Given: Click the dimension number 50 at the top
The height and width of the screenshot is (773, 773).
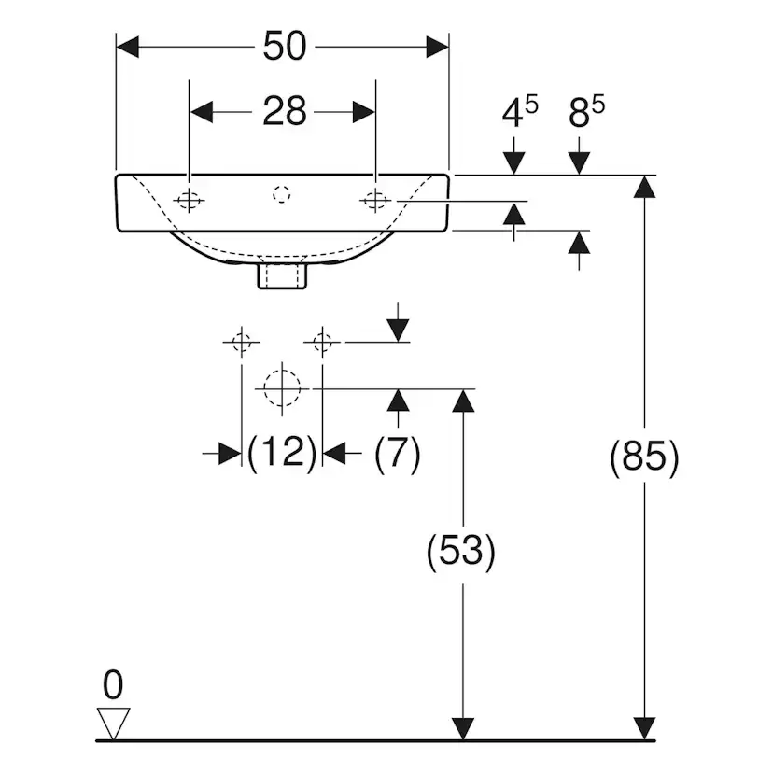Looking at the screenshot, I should click(285, 47).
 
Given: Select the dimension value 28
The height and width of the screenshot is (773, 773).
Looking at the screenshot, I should click(284, 113).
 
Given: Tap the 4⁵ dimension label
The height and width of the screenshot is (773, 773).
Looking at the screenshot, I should click(519, 112).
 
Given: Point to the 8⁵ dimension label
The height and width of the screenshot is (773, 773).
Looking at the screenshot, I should click(585, 112).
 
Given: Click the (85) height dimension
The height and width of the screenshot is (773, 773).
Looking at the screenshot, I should click(643, 458).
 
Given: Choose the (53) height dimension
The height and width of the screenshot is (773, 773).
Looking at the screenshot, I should click(460, 552).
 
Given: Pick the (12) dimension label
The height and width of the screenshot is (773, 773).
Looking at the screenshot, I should click(282, 454).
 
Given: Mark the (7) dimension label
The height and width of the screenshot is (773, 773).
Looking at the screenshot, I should click(397, 454).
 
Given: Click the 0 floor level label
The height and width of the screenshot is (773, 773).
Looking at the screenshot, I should click(113, 686).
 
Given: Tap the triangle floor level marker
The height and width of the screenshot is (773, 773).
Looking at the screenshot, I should click(114, 724).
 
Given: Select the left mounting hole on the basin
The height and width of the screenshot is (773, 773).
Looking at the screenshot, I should click(190, 200).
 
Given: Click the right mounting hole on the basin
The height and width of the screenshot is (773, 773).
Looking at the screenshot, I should click(375, 200).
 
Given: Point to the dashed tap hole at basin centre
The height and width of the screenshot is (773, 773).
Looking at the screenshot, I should click(282, 194).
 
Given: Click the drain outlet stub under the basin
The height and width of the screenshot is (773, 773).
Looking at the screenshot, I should click(282, 277).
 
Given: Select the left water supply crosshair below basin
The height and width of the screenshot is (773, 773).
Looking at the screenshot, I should click(241, 343).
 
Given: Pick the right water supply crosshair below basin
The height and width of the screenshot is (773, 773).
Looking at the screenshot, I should click(322, 343).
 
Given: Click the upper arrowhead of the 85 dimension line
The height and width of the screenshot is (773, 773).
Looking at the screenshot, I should click(643, 187).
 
